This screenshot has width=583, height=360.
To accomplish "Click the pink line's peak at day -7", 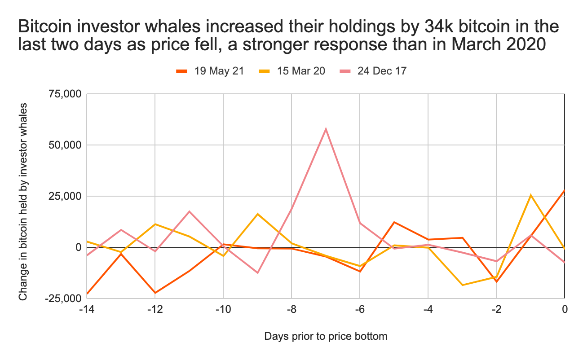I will pyautogui.click(x=326, y=129).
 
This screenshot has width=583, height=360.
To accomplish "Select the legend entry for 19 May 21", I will pyautogui.click(x=210, y=70).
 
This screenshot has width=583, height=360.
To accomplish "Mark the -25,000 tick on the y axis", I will pyautogui.click(x=63, y=299).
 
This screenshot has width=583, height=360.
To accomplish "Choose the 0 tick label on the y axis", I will pyautogui.click(x=77, y=247).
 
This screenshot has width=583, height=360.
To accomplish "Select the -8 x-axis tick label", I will pyautogui.click(x=291, y=309).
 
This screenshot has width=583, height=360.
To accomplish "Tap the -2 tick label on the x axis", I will pyautogui.click(x=496, y=309).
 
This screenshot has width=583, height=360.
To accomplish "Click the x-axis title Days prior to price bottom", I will pyautogui.click(x=326, y=336).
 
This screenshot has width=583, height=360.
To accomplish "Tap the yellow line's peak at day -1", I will pyautogui.click(x=530, y=195).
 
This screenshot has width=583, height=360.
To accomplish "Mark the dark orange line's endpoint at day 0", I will pyautogui.click(x=564, y=190).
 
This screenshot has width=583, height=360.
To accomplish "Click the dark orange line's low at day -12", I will pyautogui.click(x=155, y=293).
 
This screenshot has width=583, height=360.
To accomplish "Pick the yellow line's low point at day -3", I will pyautogui.click(x=462, y=285).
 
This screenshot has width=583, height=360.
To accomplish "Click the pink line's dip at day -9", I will pyautogui.click(x=257, y=273).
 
